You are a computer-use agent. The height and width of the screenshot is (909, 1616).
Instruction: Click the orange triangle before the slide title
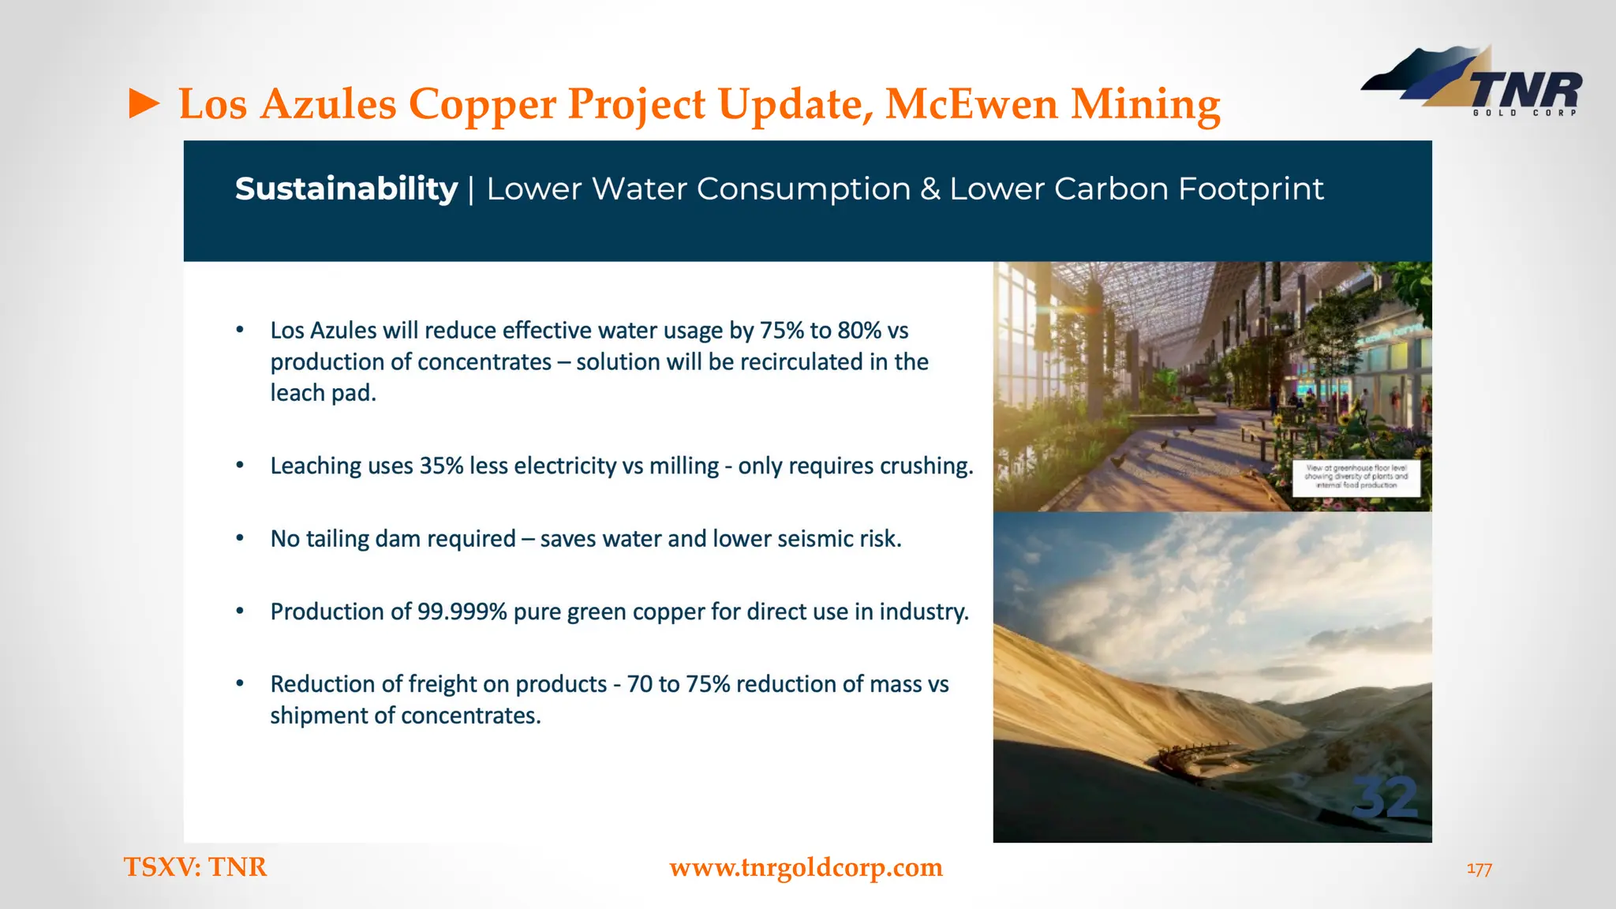click(x=144, y=104)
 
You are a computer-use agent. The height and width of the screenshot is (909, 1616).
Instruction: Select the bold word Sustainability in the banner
click(x=346, y=189)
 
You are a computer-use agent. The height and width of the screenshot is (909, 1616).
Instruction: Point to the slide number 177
click(x=1479, y=869)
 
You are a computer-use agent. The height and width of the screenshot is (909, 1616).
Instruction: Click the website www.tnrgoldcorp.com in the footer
click(x=806, y=867)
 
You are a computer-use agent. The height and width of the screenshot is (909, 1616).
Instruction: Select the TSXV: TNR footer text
click(x=196, y=867)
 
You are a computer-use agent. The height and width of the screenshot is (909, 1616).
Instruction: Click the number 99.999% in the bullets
click(x=462, y=612)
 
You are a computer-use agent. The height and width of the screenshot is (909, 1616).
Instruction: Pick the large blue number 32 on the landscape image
click(x=1385, y=798)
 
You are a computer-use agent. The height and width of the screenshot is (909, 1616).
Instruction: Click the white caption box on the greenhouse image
click(x=1356, y=477)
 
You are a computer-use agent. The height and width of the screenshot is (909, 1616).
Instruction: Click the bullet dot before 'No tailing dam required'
click(x=240, y=538)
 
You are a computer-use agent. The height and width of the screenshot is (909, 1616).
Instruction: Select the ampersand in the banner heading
click(x=930, y=189)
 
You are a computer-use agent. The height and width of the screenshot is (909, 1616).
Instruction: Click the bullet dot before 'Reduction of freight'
click(x=240, y=683)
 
